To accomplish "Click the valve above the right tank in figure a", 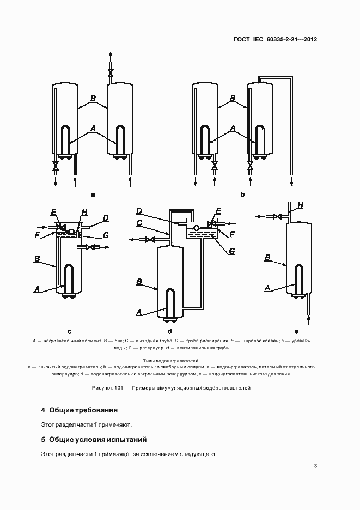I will (x=111, y=72).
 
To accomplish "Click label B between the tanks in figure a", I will (x=93, y=99).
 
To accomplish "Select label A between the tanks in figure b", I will (x=233, y=128).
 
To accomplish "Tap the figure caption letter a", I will (x=93, y=194).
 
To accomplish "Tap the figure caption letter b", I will (x=242, y=194).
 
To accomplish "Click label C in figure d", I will (x=139, y=223).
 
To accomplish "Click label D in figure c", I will (x=106, y=218).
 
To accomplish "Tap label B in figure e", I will (x=267, y=257).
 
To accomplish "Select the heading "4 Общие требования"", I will (x=80, y=410).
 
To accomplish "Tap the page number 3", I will (x=315, y=466).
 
